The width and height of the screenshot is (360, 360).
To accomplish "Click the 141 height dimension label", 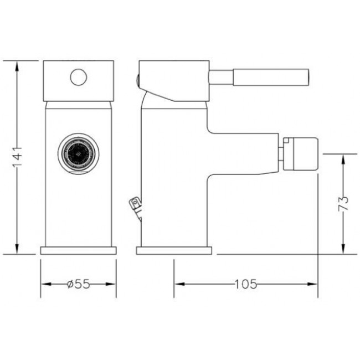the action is tap(18, 157).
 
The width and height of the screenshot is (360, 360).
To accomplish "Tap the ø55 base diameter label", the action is tap(78, 284).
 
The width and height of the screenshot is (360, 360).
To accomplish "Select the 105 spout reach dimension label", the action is tap(246, 284).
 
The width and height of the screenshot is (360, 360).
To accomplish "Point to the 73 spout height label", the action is tap(343, 203).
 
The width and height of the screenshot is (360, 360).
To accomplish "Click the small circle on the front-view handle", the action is tap(79, 77).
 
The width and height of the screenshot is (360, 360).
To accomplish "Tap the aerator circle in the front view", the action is tap(79, 154).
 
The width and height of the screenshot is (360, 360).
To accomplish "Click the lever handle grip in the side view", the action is tap(271, 77).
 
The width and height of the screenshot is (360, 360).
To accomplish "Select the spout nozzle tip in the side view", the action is tap(300, 154).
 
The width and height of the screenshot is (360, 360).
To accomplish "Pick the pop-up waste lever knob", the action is tap(135, 203).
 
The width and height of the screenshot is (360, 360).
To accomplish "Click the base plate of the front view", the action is tap(79, 251).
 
